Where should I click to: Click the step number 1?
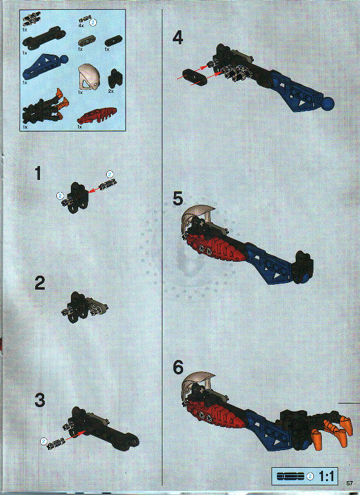[x=38, y=174]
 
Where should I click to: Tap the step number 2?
[x=39, y=283]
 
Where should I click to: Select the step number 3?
[x=39, y=400]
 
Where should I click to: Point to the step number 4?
[x=177, y=38]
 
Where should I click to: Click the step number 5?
[x=177, y=198]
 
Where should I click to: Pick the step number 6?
[x=177, y=368]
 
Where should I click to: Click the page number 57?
[x=350, y=483]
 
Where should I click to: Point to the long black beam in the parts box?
[x=45, y=41]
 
